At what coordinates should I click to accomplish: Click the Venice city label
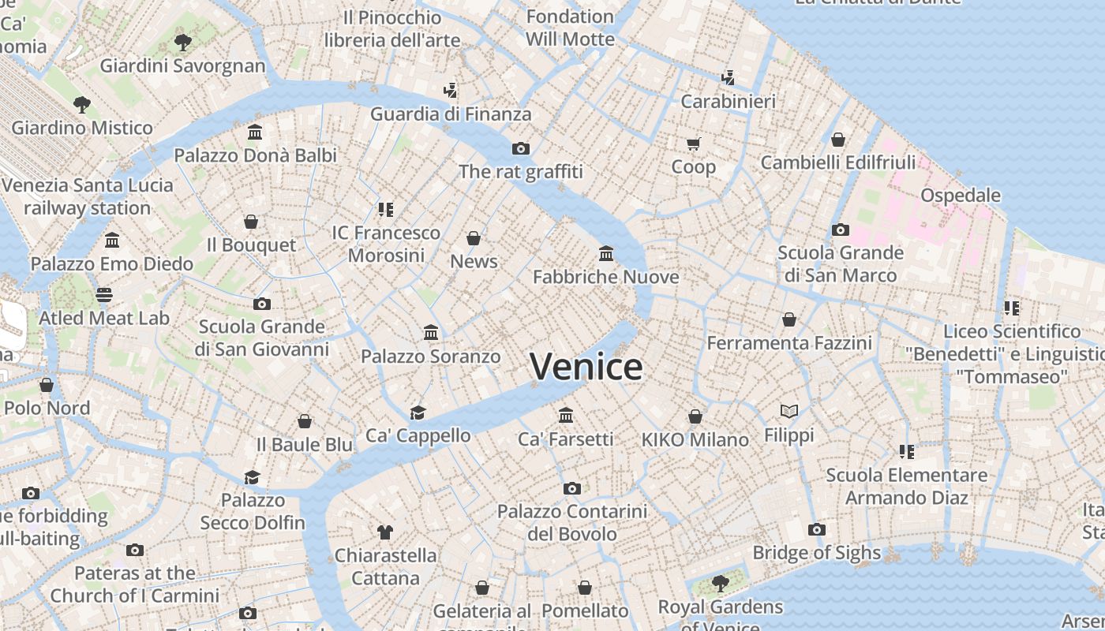586,367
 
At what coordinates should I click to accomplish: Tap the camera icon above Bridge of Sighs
817,529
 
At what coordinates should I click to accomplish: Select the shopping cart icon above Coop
693,144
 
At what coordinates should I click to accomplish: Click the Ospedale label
960,195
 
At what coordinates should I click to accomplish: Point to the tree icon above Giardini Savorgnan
182,42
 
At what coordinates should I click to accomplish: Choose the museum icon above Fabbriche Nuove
606,253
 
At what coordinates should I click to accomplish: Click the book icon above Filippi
788,411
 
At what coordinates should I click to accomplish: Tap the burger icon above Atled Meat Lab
104,295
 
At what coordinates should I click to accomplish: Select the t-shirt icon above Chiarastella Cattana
384,532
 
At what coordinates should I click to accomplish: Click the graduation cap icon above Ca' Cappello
418,413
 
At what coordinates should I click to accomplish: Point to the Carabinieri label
728,101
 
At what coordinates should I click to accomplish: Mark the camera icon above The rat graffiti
520,148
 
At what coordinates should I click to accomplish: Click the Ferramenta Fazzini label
788,343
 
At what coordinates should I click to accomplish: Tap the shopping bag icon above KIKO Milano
695,416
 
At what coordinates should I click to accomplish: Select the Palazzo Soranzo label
430,357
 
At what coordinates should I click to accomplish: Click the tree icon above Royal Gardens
720,584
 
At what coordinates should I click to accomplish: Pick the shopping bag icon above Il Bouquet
251,222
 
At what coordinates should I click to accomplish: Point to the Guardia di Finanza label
451,114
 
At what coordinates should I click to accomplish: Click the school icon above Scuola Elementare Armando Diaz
906,452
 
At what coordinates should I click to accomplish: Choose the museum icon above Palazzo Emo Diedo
112,240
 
